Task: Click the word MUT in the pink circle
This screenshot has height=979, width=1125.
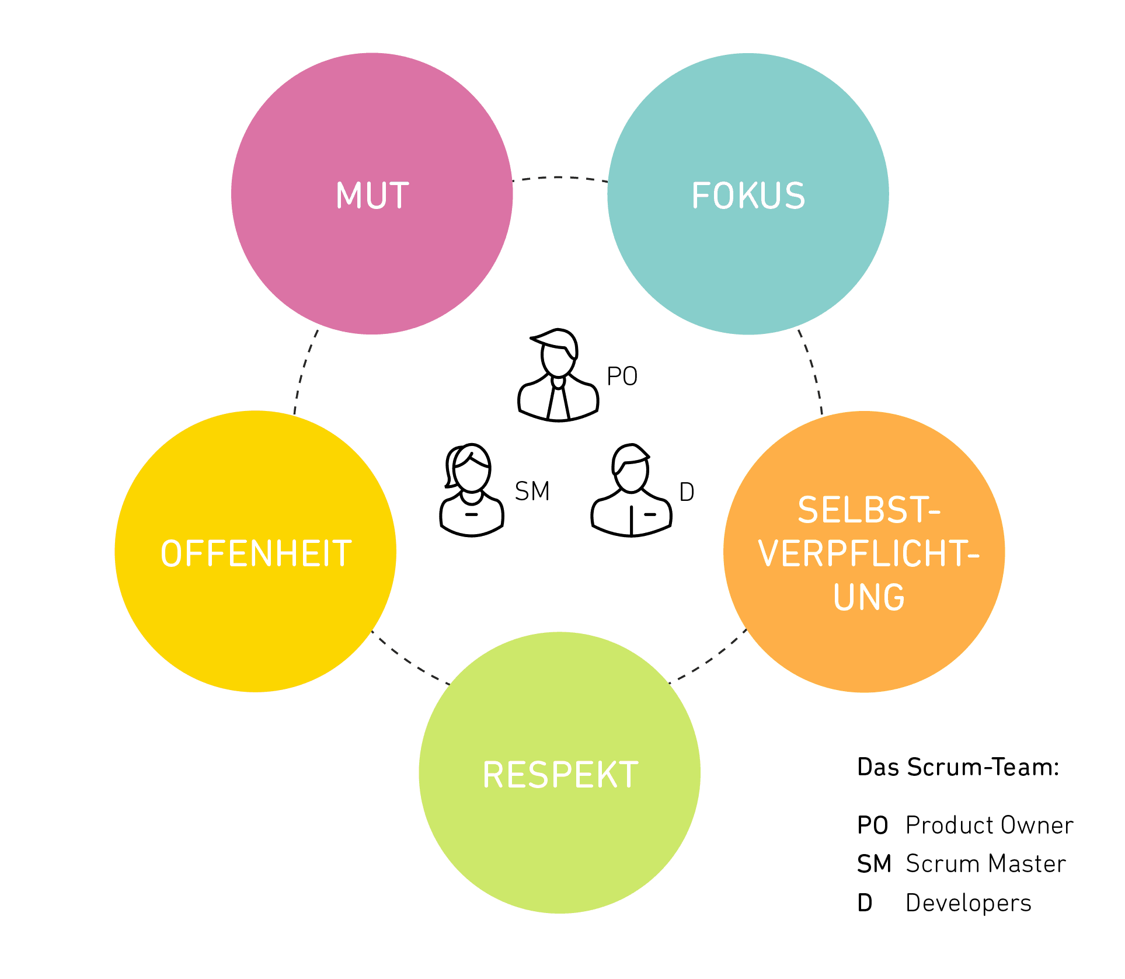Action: tap(372, 196)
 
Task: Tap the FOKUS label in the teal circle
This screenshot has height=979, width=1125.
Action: tap(748, 196)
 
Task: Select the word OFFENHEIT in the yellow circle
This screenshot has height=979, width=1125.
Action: tap(256, 553)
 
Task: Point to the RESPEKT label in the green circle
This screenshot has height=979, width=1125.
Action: tap(560, 775)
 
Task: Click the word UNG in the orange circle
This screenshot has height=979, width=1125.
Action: tap(869, 597)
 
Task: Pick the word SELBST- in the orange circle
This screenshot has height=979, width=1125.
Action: tap(869, 510)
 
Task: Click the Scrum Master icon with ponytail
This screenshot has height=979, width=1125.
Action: tap(471, 490)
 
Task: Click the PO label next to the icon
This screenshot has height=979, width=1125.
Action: tap(622, 377)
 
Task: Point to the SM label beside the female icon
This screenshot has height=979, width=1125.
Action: tap(532, 492)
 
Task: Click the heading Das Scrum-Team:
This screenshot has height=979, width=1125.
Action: tap(958, 767)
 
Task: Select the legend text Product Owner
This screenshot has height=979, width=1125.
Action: tap(989, 825)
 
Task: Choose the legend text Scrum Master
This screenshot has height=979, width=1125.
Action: tap(985, 864)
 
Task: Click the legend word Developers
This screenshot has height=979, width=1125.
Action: tap(968, 903)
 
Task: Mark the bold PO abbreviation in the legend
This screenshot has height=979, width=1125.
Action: tap(872, 825)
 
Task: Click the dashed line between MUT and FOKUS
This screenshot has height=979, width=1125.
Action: tap(560, 177)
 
